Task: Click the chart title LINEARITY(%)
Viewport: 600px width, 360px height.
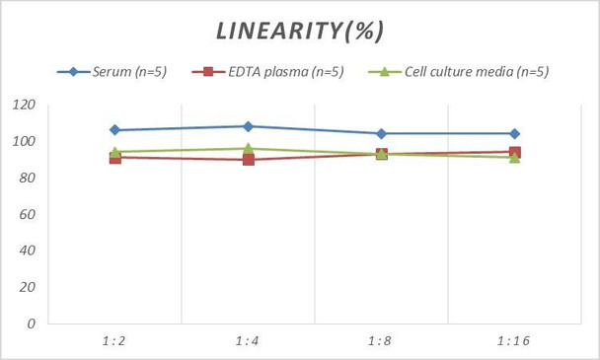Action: click(x=300, y=31)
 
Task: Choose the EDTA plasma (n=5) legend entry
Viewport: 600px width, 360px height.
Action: click(x=281, y=71)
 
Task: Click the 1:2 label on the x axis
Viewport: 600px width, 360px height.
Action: click(x=114, y=340)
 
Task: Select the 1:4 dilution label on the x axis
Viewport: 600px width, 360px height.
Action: click(x=248, y=340)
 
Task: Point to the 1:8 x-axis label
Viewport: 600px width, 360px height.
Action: click(x=381, y=340)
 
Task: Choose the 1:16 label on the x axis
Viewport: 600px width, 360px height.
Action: click(x=514, y=340)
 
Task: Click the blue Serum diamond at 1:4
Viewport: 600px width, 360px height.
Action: click(x=248, y=126)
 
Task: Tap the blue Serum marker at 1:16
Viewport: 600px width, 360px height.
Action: click(x=514, y=133)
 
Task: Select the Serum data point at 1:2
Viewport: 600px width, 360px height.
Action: click(x=114, y=130)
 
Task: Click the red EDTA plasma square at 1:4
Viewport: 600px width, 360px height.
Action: click(x=248, y=159)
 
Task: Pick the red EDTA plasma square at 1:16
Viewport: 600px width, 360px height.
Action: click(x=514, y=152)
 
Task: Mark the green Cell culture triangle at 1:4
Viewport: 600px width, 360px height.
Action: click(x=248, y=148)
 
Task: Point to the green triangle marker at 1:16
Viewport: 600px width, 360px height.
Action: click(x=514, y=158)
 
